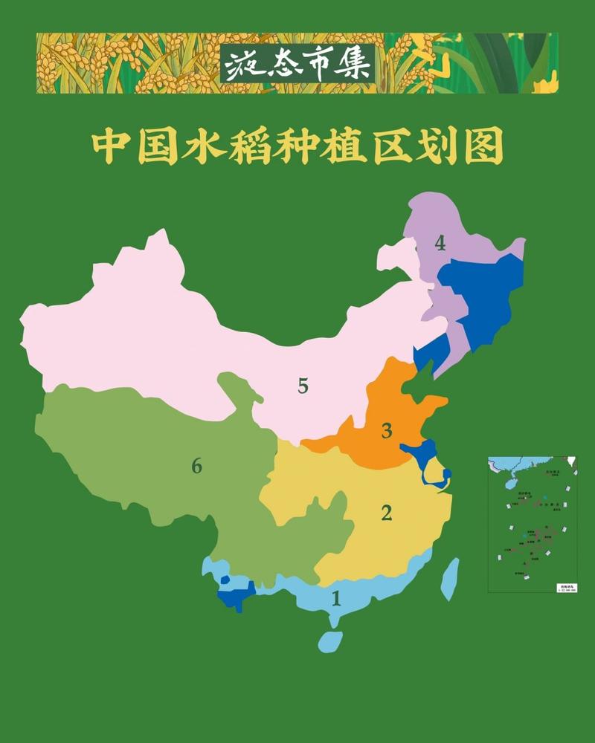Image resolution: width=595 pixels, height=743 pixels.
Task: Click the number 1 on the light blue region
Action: pos(335,597)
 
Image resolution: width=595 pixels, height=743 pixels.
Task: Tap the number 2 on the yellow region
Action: pos(386,512)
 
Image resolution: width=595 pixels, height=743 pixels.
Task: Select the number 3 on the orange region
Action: pos(386,430)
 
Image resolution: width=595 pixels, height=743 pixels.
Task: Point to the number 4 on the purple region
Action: pos(440,243)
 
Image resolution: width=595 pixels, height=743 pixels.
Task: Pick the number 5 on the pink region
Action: pos(303,386)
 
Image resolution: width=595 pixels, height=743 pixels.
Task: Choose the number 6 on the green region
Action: pos(196,466)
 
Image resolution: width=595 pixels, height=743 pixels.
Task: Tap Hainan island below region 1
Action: pos(330,641)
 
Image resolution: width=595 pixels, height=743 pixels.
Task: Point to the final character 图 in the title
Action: pos(482,149)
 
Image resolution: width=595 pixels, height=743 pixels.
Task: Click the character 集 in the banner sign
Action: pos(355,65)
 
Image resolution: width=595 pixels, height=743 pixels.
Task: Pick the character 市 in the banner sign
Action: pos(316,65)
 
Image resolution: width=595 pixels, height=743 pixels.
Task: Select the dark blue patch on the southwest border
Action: pos(236,594)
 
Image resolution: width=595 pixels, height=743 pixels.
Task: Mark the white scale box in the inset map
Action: pos(566,587)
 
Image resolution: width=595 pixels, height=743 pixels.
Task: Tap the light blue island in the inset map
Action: pos(510,484)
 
